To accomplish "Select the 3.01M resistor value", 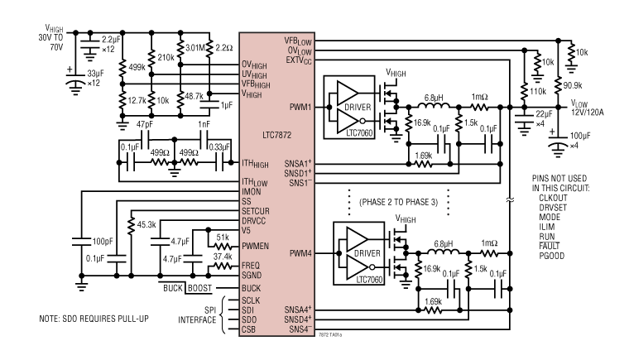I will click(x=194, y=48).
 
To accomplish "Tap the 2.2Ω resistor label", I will click(x=223, y=48).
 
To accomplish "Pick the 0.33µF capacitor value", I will click(x=219, y=146).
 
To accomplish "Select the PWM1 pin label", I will click(x=300, y=106).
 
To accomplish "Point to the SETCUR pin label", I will click(x=257, y=211).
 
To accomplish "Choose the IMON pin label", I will click(x=252, y=190).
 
